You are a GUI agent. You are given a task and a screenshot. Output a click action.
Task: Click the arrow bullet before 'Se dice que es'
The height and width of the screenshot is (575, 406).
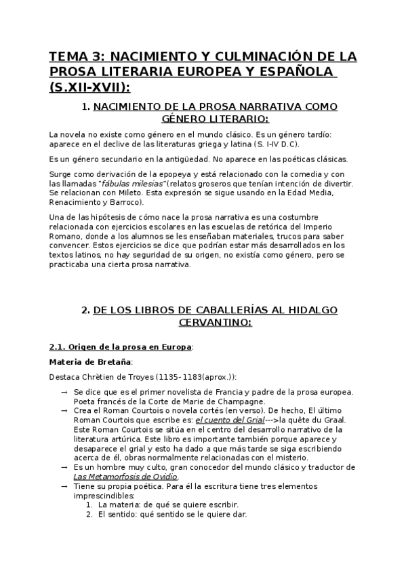coord(63,393)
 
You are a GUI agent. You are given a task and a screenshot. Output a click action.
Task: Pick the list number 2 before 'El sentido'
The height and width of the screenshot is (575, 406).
coord(89,513)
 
